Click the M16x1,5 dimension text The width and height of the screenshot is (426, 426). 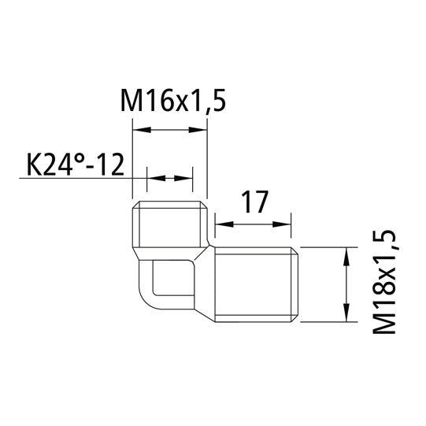tap(169, 102)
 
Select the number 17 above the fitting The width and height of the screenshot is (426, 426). tap(254, 203)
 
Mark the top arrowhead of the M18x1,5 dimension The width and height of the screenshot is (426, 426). tap(345, 252)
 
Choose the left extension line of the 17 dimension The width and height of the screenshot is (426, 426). tap(215, 228)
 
